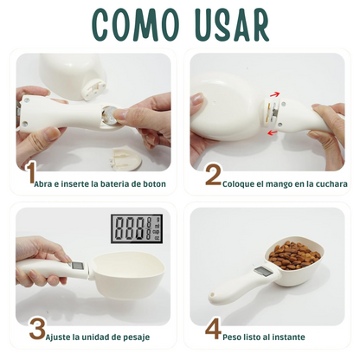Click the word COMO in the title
point(136,25)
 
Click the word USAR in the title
point(232,25)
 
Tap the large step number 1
point(31,173)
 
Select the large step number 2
point(213,175)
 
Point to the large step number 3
point(37,328)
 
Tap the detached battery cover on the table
point(125,159)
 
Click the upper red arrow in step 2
point(274,94)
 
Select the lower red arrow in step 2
point(273,132)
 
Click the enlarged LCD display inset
point(137,228)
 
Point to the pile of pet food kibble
point(293,255)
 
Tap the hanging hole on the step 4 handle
point(213,296)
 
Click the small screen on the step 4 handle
point(261,272)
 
